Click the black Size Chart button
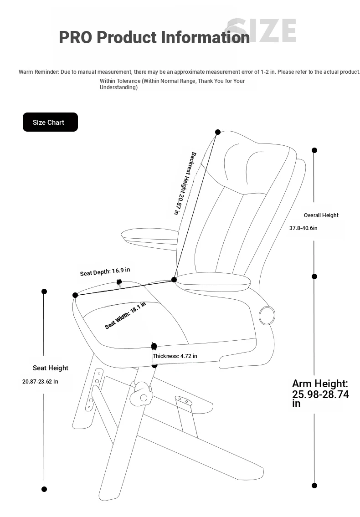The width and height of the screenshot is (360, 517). click(50, 122)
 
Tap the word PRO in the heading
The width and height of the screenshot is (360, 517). click(75, 37)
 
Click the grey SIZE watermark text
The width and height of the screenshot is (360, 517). click(261, 31)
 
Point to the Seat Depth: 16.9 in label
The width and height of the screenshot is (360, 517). click(105, 271)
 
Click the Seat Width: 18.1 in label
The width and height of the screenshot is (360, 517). click(125, 316)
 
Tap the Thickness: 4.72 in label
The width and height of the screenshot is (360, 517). click(175, 356)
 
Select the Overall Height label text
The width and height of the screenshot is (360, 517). click(321, 215)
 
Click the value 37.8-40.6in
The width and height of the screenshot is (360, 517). click(303, 228)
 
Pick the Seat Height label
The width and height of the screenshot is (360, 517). click(51, 368)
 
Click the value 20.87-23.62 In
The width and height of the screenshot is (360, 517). click(40, 381)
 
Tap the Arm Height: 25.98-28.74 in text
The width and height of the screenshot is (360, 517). click(320, 394)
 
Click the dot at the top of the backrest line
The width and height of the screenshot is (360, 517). click(218, 132)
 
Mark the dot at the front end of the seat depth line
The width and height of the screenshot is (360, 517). click(75, 295)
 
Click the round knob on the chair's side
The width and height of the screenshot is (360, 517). click(267, 316)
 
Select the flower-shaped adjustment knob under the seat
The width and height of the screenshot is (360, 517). click(142, 394)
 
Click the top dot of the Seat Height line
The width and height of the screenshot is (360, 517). click(44, 292)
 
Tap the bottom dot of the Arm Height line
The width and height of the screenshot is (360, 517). click(314, 486)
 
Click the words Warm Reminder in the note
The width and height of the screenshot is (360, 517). click(39, 72)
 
